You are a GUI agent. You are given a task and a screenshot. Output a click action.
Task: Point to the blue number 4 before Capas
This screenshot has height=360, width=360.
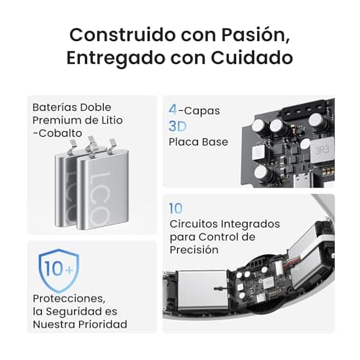click(x=173, y=110)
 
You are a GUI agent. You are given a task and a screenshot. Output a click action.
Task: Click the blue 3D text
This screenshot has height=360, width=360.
click(x=177, y=126)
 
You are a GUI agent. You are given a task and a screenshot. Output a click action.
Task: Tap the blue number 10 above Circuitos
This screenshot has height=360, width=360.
click(x=176, y=208)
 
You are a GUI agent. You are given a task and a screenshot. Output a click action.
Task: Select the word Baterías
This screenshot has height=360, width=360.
click(x=55, y=107)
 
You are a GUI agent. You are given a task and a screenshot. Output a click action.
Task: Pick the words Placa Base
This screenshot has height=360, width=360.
click(x=198, y=142)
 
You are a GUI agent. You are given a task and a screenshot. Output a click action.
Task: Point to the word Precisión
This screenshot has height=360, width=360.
click(x=194, y=249)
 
